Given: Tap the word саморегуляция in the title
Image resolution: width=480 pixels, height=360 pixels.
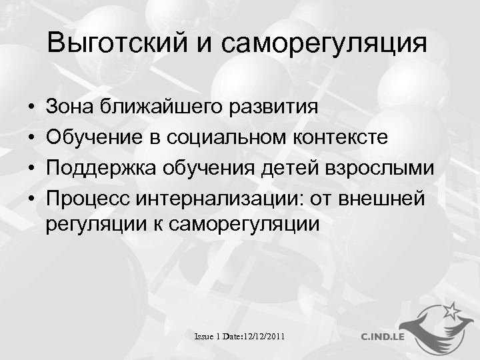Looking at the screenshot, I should tap(323, 44).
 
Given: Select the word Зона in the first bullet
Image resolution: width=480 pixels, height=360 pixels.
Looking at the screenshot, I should tap(70, 106).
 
